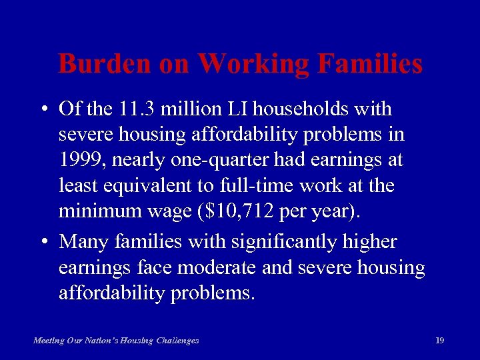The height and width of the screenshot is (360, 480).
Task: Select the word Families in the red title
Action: click(x=371, y=65)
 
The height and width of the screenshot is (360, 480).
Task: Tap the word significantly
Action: click(x=283, y=241)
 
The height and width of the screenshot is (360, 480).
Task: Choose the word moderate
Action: click(x=208, y=268)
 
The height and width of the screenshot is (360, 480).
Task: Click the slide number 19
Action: click(x=439, y=341)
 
